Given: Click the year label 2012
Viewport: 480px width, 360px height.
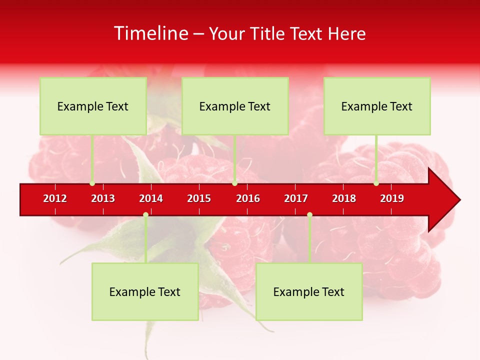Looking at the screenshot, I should pyautogui.click(x=55, y=198).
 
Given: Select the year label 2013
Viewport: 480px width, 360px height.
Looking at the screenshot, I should pyautogui.click(x=103, y=198).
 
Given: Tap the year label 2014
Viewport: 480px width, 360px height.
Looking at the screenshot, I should pyautogui.click(x=151, y=198).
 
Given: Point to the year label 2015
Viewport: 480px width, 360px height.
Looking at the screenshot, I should pyautogui.click(x=199, y=198).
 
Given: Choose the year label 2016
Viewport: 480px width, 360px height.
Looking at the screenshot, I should pyautogui.click(x=248, y=198).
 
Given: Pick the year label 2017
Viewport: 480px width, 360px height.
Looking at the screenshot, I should pyautogui.click(x=296, y=198).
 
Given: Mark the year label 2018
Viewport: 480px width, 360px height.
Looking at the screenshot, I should pyautogui.click(x=344, y=198).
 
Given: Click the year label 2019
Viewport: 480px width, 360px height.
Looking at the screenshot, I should pyautogui.click(x=392, y=198).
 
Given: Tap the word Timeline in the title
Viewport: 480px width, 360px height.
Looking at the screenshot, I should pyautogui.click(x=150, y=33).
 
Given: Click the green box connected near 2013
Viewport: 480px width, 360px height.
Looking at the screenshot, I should pyautogui.click(x=93, y=106).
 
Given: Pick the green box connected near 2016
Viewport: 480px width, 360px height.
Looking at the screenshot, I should pyautogui.click(x=235, y=106).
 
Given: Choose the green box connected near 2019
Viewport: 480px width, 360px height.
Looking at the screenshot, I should pyautogui.click(x=377, y=106).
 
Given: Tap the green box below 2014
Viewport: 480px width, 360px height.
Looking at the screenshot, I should pyautogui.click(x=145, y=291).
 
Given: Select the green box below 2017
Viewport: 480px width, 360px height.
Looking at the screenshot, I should pyautogui.click(x=309, y=291).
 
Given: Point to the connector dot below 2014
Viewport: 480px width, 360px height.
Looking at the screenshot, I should pyautogui.click(x=145, y=214).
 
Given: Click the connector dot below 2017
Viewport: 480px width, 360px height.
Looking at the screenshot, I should pyautogui.click(x=309, y=214).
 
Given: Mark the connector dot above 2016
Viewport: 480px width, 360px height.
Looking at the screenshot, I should pyautogui.click(x=234, y=183).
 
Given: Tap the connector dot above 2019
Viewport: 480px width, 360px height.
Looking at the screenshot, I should pyautogui.click(x=376, y=183).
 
